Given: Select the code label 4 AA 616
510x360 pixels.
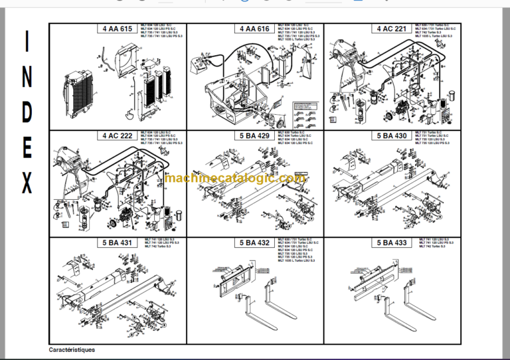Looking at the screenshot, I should [254, 29].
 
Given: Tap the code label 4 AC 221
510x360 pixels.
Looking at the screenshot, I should [392, 29].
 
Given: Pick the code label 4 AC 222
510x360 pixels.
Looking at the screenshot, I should [117, 135].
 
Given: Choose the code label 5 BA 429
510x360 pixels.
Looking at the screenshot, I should [254, 135].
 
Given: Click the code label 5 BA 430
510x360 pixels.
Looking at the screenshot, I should [392, 135].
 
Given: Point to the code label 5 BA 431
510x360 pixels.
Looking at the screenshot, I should [117, 242].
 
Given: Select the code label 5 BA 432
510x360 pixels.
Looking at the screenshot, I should [254, 242].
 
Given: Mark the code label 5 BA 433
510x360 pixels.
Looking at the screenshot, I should [392, 242].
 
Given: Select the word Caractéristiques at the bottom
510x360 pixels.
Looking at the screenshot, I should [72, 349].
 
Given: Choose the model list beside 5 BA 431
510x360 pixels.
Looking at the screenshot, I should [159, 244].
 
